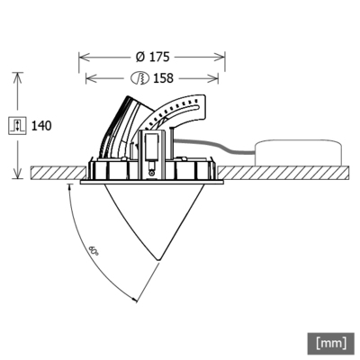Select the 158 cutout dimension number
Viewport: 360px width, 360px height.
click(162, 78)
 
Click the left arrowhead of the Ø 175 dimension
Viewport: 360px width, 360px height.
click(83, 57)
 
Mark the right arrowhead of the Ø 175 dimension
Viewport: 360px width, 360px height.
click(222, 57)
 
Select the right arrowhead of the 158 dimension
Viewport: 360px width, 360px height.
click(216, 78)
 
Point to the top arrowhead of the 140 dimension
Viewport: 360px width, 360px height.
click(18, 76)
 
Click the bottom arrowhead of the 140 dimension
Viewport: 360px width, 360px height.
click(18, 175)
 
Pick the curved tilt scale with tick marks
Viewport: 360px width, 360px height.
click(180, 112)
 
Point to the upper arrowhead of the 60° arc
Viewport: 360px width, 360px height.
click(70, 189)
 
